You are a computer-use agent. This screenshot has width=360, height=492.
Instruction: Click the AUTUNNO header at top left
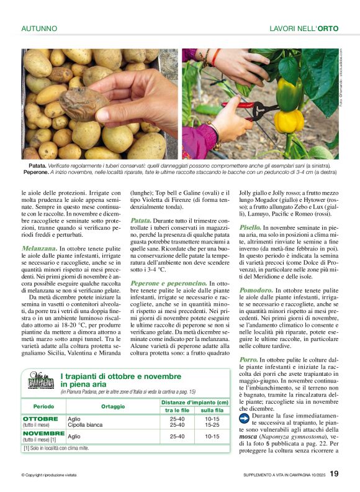coord(39,29)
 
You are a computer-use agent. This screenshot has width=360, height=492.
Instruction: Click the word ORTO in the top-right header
coord(329,29)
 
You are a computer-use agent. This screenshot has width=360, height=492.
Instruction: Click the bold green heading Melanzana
coord(38,248)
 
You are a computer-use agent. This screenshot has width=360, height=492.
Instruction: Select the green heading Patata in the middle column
coord(142,221)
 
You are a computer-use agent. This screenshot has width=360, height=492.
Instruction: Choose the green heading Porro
coord(248,360)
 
